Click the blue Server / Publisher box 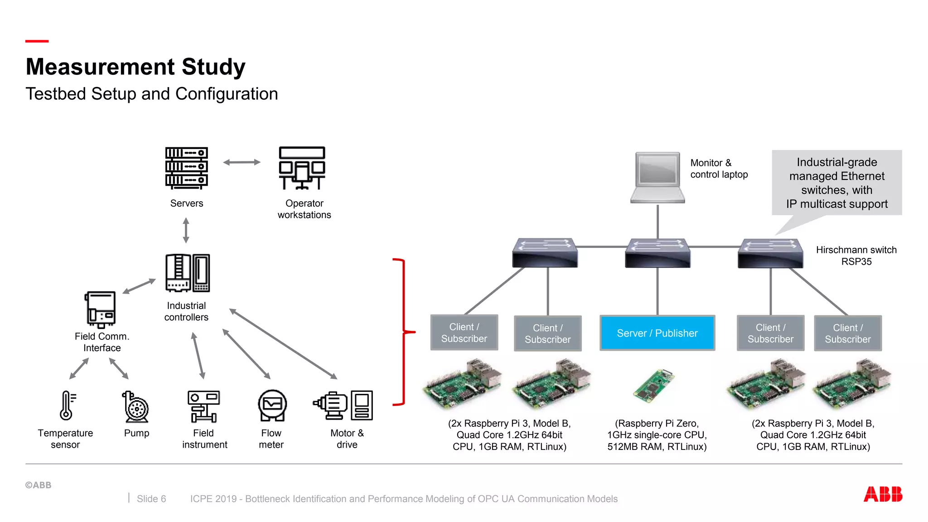tap(657, 333)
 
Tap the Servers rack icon tap(186, 168)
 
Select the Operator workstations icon tap(302, 168)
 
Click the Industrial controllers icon tap(187, 273)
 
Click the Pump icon tap(135, 406)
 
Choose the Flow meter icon tap(272, 405)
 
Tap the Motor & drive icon tap(343, 405)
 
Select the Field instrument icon tap(203, 406)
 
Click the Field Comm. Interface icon tap(100, 309)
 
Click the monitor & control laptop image tap(657, 178)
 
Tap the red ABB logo tap(882, 494)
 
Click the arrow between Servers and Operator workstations tap(242, 162)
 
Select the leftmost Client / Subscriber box tap(464, 333)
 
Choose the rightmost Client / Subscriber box tap(847, 333)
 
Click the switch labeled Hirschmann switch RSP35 tap(770, 253)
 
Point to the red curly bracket tap(403, 332)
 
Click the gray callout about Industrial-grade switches tap(836, 183)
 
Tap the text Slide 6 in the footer tap(151, 499)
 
